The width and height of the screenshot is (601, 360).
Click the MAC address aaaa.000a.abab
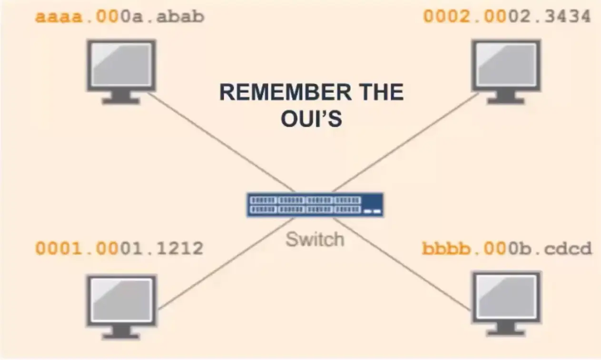pos(119,17)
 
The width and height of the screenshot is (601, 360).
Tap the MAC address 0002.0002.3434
pos(507,17)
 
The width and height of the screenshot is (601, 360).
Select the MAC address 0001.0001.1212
pos(119,249)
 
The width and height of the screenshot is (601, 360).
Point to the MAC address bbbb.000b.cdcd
pos(507,249)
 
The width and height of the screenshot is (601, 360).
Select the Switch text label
pos(315,239)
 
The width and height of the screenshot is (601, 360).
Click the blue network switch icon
pos(315,205)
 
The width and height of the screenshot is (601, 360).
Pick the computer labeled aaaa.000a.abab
pos(121,69)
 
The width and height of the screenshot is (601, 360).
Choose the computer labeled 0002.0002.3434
pos(506,69)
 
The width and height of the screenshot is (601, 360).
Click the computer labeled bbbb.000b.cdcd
pos(506,301)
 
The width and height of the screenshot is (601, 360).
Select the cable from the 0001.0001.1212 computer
pos(224,264)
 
